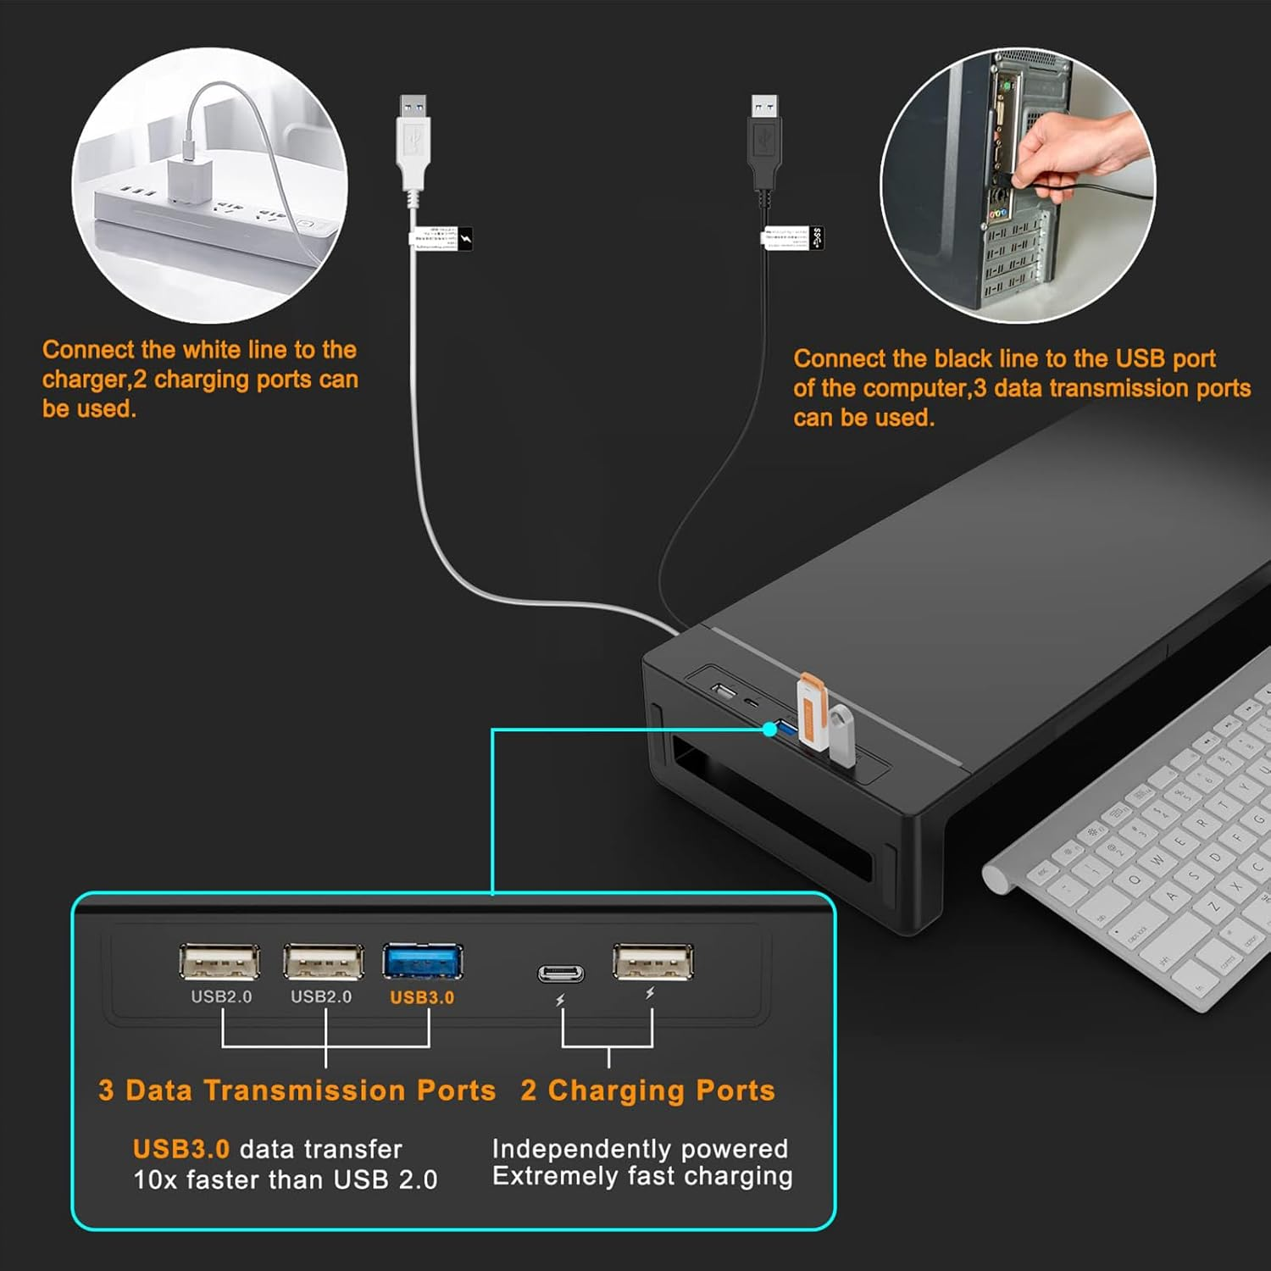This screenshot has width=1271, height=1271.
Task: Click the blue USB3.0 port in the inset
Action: pyautogui.click(x=422, y=962)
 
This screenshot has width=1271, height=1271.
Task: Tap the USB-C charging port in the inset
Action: pyautogui.click(x=561, y=973)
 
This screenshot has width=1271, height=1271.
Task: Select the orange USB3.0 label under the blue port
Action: pyautogui.click(x=422, y=997)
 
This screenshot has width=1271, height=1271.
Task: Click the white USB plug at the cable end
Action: pyautogui.click(x=413, y=144)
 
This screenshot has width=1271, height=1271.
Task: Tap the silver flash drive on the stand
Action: pyautogui.click(x=841, y=735)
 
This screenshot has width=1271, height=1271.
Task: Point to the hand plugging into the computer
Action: pyautogui.click(x=1076, y=153)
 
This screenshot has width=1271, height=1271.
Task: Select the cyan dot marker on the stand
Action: pyautogui.click(x=769, y=729)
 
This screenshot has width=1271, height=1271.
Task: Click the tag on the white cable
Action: pyautogui.click(x=441, y=238)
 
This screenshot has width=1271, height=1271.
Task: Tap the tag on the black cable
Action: pyautogui.click(x=792, y=237)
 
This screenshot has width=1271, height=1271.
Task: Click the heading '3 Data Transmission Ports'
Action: pyautogui.click(x=297, y=1091)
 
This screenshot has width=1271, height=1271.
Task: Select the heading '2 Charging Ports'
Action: pyautogui.click(x=647, y=1091)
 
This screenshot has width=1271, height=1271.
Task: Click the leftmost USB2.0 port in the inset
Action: pyautogui.click(x=219, y=962)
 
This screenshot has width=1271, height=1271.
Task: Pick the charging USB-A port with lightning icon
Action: pyautogui.click(x=652, y=962)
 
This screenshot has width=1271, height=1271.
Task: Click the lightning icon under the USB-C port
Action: pyautogui.click(x=560, y=1001)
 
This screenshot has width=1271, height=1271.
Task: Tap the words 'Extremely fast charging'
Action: pyautogui.click(x=642, y=1176)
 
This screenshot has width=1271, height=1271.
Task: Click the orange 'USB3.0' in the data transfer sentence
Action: pyautogui.click(x=181, y=1149)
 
